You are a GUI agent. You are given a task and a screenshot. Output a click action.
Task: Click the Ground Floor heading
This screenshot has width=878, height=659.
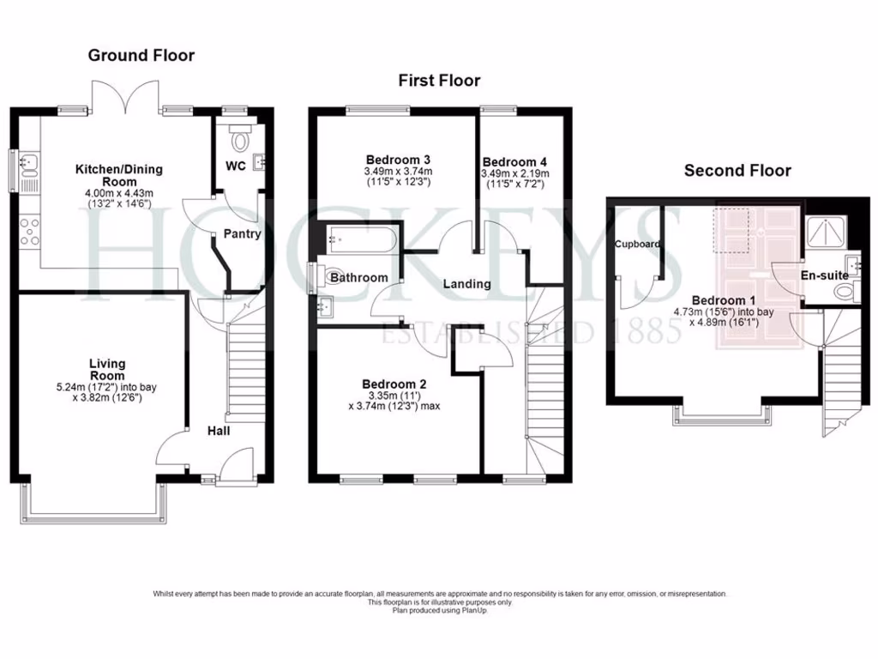pos(141,56)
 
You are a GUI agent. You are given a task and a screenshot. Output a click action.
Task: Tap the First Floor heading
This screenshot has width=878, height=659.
pos(439,81)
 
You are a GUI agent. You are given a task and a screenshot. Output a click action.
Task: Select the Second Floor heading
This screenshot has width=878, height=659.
pos(737,171)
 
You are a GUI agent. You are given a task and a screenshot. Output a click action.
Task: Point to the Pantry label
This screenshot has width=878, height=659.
pos(242,233)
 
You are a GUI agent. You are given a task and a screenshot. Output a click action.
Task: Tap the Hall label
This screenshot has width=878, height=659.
pos(218,431)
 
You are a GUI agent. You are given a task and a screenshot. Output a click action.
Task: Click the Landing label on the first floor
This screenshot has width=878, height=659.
pos(466,283)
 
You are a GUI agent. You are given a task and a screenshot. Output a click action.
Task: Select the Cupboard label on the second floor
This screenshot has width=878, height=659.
pos(637,245)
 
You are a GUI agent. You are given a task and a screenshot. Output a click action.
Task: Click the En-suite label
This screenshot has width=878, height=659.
pos(825,275)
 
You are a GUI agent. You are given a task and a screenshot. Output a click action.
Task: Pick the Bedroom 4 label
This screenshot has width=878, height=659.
pos(514,162)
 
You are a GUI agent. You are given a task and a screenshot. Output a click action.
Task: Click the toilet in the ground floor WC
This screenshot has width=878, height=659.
pos(239,139)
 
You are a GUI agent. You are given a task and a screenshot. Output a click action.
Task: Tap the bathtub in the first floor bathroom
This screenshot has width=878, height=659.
pos(360,238)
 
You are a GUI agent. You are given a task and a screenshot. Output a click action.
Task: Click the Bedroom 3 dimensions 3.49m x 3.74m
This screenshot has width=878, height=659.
pos(398,171)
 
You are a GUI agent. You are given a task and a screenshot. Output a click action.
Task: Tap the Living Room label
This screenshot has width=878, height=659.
pos(107,370)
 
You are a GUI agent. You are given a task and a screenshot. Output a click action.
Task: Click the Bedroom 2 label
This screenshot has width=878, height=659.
pos(394,384)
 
